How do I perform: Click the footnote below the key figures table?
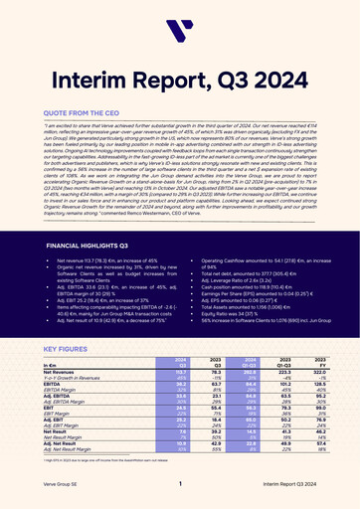99,477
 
